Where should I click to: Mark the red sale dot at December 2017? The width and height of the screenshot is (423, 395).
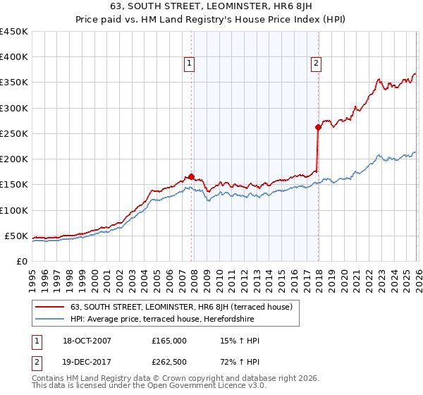point(318,128)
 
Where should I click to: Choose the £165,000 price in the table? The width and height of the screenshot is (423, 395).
point(169,341)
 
